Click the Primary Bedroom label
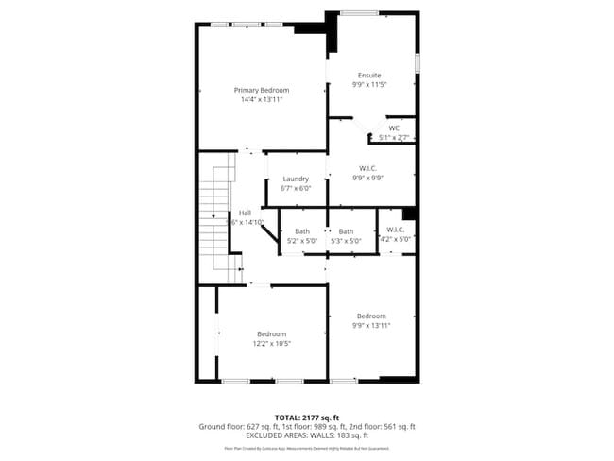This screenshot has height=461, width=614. tap(262, 90)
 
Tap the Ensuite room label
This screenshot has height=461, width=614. tap(369, 75)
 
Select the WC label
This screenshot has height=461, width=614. tap(394, 128)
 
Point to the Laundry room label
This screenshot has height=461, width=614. tap(296, 179)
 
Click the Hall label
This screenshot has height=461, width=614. tap(245, 213)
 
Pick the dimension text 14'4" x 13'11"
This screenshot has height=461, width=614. tap(262, 99)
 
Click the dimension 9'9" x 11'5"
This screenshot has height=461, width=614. tap(369, 84)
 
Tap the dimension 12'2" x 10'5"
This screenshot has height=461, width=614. tap(271, 344)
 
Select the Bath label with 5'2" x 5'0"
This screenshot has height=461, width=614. tap(301, 231)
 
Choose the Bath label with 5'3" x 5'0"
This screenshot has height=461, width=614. tap(347, 231)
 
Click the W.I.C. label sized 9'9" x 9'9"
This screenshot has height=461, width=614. tap(369, 168)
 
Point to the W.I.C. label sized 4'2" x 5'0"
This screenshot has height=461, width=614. tap(396, 230)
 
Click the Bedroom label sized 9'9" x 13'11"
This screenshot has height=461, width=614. tap(370, 316)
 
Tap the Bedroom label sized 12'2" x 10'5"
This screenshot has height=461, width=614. tap(271, 333)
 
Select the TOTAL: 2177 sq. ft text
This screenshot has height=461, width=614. tap(306, 418)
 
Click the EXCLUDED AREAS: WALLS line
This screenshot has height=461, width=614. tap(306, 435)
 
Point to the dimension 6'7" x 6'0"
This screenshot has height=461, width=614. tap(296, 188)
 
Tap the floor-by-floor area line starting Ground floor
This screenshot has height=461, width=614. tap(306, 427)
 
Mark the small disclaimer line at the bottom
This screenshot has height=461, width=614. tap(306, 448)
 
